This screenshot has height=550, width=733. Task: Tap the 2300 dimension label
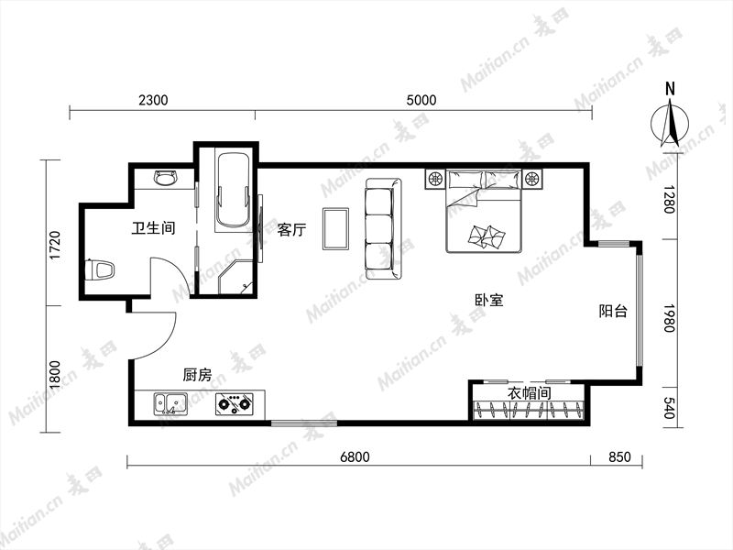[x=153, y=100]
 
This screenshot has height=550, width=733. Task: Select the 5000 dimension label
[x=421, y=100]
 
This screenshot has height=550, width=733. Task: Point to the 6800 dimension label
[x=355, y=456]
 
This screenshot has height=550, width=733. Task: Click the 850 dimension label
[x=619, y=456]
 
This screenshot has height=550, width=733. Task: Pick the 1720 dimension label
[x=55, y=246]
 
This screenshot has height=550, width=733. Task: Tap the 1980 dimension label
[x=670, y=318]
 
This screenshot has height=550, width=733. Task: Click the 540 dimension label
[x=670, y=408]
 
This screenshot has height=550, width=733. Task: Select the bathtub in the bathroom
[x=233, y=191]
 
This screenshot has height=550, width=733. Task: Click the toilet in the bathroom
[x=100, y=270]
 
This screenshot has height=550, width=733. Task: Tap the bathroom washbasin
[x=166, y=178]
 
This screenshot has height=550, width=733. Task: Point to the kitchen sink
[x=170, y=404]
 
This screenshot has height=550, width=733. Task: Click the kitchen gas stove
[x=235, y=404]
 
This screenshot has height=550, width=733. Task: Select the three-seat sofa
[x=383, y=228]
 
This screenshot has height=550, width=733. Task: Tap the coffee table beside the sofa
[x=335, y=228]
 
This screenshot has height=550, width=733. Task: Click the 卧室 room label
[x=489, y=301]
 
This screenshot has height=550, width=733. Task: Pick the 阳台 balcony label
[x=613, y=311]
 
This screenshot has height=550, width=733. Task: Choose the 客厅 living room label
[x=291, y=230]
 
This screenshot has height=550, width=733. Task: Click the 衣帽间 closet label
[x=530, y=393]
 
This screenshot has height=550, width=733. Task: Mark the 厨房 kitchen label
[x=197, y=375]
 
